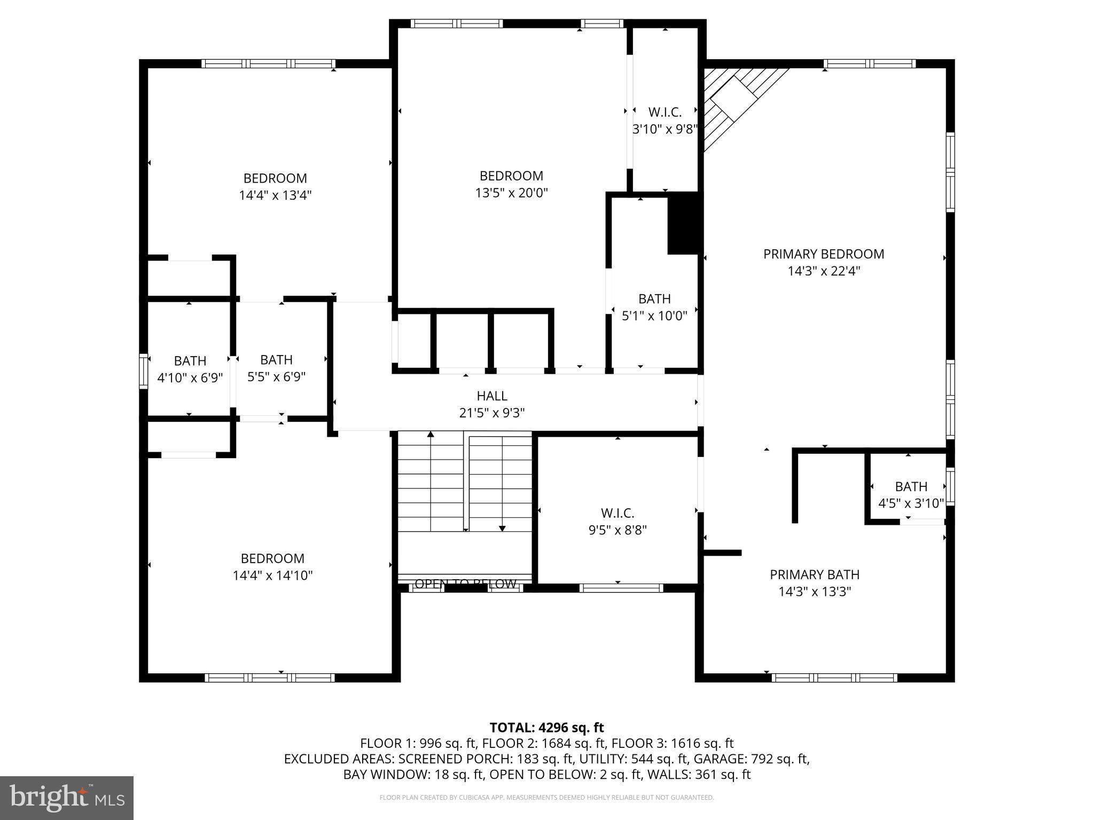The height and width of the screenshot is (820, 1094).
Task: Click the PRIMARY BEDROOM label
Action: point(823,254)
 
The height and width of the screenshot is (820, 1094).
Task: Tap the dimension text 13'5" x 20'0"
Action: point(512,193)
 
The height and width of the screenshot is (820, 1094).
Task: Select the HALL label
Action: point(492,396)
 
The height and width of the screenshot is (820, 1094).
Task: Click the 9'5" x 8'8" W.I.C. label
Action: point(618,513)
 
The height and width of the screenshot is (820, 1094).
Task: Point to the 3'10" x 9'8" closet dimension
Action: point(665,129)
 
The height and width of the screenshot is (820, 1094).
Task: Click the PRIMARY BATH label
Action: point(815,574)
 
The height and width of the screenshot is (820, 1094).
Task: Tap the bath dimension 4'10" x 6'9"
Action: point(190,378)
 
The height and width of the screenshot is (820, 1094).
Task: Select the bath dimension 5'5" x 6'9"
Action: point(276,377)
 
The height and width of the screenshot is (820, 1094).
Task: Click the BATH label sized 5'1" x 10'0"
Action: point(654,298)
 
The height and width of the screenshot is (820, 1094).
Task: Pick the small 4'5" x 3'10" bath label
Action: point(911,486)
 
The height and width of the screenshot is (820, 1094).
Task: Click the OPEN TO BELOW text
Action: point(465,584)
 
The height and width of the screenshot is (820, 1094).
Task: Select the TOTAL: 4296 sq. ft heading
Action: point(546,727)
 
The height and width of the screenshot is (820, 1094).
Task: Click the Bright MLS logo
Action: point(67,798)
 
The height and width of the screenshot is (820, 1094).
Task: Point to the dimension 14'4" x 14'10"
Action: point(272,575)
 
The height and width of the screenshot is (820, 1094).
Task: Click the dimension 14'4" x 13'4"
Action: point(275,195)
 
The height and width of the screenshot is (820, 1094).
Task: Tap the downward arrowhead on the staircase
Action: point(502,529)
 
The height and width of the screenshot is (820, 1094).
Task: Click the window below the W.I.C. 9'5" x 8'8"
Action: point(621,588)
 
